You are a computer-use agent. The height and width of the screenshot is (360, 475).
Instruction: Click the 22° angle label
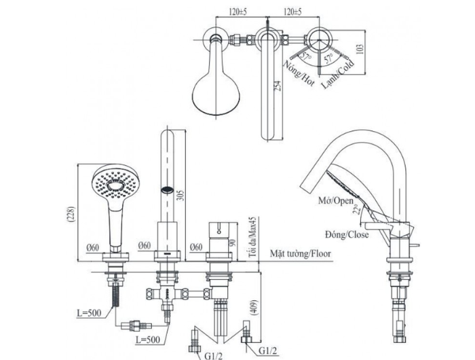pos(356,210)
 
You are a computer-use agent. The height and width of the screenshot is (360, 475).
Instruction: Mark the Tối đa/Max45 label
pos(251,236)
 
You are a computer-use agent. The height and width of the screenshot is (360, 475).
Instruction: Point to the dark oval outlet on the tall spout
pos(166,189)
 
